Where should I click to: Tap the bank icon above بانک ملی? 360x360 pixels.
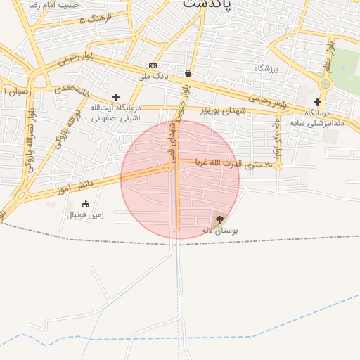click(153, 65)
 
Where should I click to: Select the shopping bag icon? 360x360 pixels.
click(188, 73)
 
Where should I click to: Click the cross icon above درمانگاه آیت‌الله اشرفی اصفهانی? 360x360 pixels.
click(115, 98)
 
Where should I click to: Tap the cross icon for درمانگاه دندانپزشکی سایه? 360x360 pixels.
click(317, 102)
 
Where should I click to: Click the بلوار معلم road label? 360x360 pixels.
click(329, 56)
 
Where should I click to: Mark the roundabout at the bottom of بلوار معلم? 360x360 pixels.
click(325, 84)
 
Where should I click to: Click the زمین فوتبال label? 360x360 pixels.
click(84, 214)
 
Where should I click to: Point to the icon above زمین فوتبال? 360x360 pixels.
click(86, 204)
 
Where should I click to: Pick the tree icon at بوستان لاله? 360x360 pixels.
click(220, 219)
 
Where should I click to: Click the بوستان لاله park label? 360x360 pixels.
click(220, 230)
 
